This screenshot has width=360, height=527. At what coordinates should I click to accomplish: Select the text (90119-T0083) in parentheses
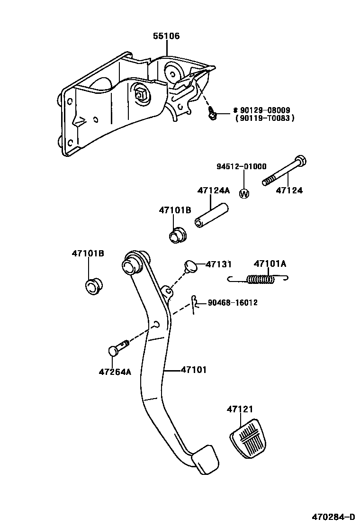(x=264, y=118)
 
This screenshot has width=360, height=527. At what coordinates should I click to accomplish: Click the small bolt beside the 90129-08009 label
(x=213, y=112)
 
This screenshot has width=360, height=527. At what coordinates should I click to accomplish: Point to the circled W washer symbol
(x=244, y=193)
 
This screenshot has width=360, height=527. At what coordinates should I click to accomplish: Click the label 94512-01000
(x=242, y=166)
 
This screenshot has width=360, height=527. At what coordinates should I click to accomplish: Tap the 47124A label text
(x=213, y=191)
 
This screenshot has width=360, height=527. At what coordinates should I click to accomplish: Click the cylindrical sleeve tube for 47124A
(x=211, y=216)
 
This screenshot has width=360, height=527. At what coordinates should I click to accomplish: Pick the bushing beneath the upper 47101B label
(x=178, y=235)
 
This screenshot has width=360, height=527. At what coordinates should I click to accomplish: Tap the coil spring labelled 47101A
(x=261, y=280)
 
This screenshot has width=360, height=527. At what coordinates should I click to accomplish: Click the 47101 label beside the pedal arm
(x=193, y=370)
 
